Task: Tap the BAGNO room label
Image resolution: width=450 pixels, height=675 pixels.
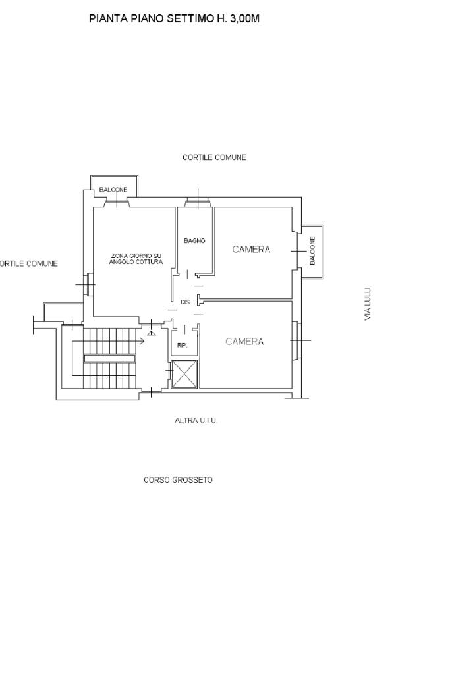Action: pos(194,240)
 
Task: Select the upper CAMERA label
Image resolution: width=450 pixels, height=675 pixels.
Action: pos(251,249)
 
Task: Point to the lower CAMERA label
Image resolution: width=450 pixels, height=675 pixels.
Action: pos(244,341)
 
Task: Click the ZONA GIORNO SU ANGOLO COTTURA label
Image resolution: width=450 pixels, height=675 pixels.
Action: pos(136,259)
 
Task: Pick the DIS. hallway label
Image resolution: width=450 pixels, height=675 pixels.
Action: pos(186,302)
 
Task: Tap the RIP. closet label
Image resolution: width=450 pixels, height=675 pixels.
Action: pos(182,345)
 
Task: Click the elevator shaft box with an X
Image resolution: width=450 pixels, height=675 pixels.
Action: pos(184,373)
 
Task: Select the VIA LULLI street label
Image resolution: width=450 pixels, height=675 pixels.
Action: pos(368,304)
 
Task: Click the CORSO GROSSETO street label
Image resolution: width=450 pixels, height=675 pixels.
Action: pos(178,480)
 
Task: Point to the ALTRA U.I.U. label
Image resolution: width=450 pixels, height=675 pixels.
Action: pos(196,421)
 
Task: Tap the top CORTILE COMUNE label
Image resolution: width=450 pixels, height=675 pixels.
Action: pos(214,157)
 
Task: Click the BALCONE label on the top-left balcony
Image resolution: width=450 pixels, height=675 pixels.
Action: pos(113,190)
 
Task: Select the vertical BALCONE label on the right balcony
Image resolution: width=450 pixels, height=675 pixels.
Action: pos(313,250)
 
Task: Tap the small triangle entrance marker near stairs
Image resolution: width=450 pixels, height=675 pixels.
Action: pos(151,333)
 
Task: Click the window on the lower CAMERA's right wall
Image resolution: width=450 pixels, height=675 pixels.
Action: pos(296,340)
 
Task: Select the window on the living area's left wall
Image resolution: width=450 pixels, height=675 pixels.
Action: pos(89,284)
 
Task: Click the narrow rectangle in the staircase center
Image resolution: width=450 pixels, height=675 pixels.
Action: pos(109,358)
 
